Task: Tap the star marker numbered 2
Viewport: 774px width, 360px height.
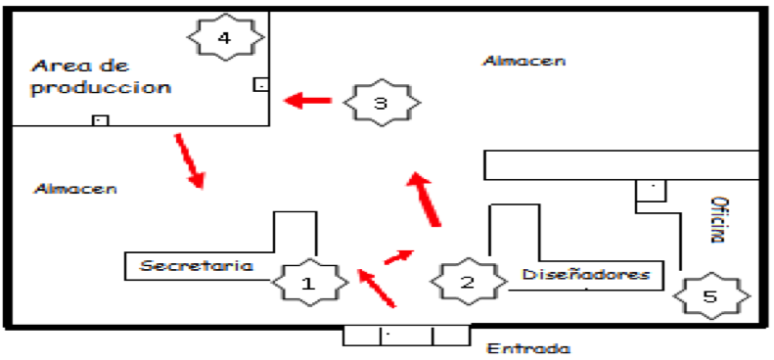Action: tap(467, 283)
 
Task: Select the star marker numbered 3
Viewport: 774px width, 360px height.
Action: tap(382, 102)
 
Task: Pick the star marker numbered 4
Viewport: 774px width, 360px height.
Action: tap(225, 37)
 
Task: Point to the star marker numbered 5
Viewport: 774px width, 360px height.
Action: tap(711, 296)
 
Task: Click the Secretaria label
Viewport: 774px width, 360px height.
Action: tap(196, 265)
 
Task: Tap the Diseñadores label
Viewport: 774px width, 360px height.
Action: tap(586, 274)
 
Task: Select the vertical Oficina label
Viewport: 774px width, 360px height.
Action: tap(719, 220)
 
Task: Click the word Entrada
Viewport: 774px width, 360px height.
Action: tap(528, 348)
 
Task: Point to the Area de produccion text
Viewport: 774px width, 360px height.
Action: tap(100, 76)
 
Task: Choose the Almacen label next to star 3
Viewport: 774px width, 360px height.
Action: tap(524, 61)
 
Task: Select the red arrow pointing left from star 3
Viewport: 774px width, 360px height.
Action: tap(308, 100)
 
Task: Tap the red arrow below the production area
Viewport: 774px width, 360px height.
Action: tap(190, 160)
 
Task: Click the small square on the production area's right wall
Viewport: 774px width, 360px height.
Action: tap(260, 85)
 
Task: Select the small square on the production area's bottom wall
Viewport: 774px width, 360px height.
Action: tap(100, 120)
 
